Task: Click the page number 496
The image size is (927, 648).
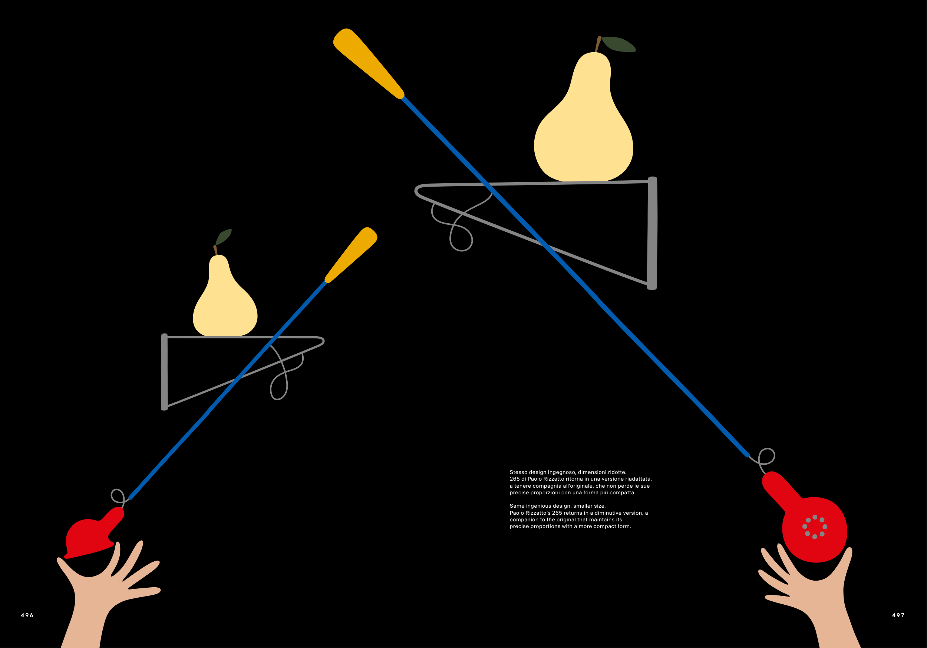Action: click(x=27, y=615)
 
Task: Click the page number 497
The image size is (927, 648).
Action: click(x=898, y=615)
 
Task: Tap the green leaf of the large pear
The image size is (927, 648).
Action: click(x=618, y=44)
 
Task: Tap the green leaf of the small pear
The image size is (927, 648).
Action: click(x=224, y=237)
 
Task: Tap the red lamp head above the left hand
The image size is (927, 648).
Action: click(x=91, y=534)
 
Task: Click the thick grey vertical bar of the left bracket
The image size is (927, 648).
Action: click(x=164, y=372)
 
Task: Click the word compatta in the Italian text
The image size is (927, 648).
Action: click(x=622, y=493)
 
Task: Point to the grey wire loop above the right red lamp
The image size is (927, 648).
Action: click(x=767, y=457)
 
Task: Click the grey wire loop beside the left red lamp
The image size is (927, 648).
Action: click(x=118, y=495)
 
